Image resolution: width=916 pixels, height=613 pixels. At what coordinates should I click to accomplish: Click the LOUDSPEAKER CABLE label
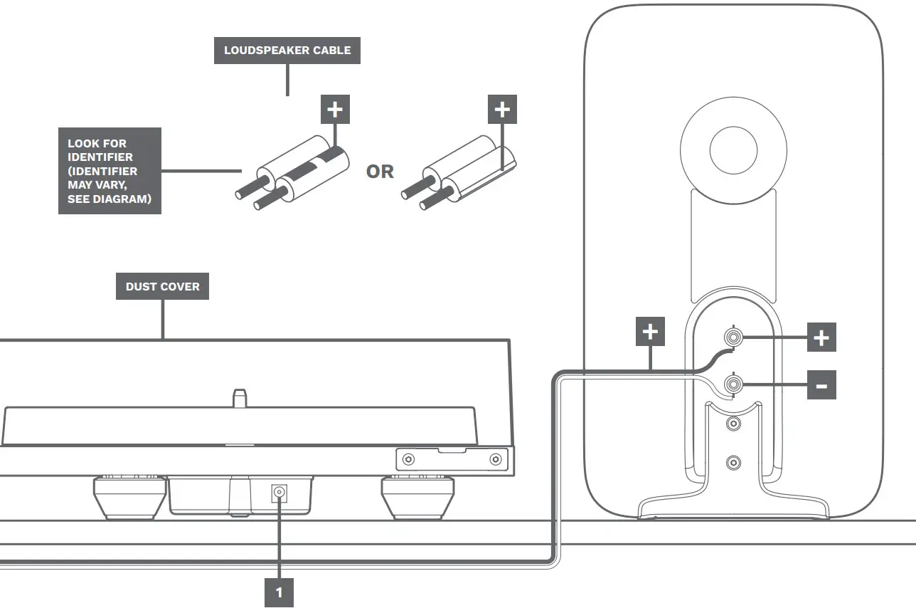(287, 51)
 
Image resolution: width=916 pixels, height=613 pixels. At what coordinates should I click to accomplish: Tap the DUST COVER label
(163, 286)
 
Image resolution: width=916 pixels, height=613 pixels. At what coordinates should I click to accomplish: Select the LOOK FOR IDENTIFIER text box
(110, 171)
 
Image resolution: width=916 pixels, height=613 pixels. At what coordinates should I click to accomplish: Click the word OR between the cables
(380, 172)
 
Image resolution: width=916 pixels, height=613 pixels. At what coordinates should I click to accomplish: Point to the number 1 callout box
(279, 592)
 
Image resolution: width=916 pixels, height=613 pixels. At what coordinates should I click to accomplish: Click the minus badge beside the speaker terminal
(821, 385)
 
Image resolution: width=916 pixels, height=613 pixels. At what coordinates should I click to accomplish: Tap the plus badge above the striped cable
(336, 110)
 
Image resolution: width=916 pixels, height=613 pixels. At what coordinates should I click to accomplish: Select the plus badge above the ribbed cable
(502, 110)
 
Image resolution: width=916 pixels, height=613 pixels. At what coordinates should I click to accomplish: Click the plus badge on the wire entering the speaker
(650, 332)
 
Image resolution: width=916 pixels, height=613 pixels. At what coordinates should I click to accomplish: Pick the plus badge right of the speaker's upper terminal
(821, 337)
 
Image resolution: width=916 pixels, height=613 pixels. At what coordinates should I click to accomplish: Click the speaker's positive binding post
(733, 337)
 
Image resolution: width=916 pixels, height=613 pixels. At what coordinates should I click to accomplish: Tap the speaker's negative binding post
(733, 385)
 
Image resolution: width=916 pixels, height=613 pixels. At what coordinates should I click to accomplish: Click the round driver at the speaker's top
(733, 147)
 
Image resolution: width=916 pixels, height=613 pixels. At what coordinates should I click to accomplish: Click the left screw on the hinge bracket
(408, 460)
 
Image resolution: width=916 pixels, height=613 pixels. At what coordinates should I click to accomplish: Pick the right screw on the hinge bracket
(496, 460)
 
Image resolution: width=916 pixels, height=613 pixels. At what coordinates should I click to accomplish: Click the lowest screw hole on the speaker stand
(733, 463)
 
